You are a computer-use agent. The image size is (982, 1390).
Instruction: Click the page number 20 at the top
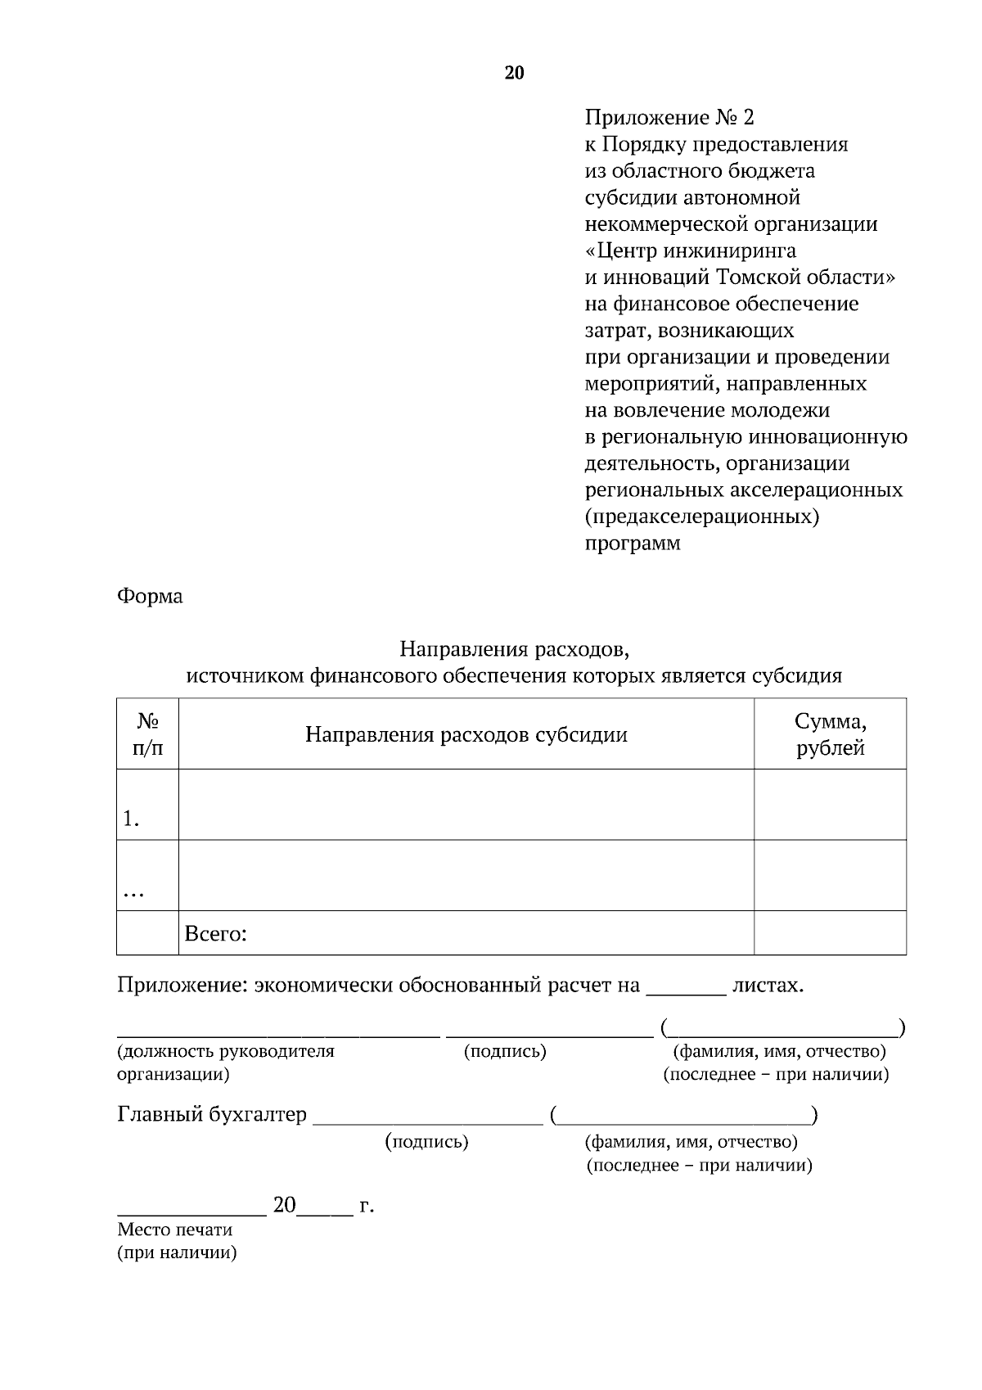(x=514, y=74)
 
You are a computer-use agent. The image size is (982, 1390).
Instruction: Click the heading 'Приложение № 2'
(x=669, y=118)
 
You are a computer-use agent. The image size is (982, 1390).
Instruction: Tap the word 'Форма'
(x=150, y=596)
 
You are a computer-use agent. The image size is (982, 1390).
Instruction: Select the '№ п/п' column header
(x=147, y=734)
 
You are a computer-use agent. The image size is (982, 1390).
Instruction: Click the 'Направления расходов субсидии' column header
(x=466, y=734)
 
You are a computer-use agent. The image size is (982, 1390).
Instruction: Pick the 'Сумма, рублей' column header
(x=830, y=734)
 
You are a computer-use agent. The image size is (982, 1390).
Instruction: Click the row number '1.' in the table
(x=131, y=819)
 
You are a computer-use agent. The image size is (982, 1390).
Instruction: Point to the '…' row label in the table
(x=133, y=894)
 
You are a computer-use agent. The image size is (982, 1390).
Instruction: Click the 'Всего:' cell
(x=216, y=934)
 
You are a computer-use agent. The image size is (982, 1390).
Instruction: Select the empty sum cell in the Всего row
(x=830, y=933)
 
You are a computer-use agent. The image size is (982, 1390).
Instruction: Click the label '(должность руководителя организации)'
(x=226, y=1063)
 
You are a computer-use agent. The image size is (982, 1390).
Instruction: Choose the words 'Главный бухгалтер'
(x=212, y=1115)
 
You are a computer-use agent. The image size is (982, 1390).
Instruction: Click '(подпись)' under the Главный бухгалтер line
(x=426, y=1142)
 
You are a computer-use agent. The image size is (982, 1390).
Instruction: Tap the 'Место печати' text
(x=175, y=1230)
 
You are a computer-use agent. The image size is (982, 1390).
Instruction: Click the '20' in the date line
(x=284, y=1205)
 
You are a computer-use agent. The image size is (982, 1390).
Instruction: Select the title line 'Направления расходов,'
(x=514, y=650)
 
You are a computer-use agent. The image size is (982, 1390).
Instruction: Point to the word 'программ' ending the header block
(x=633, y=544)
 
